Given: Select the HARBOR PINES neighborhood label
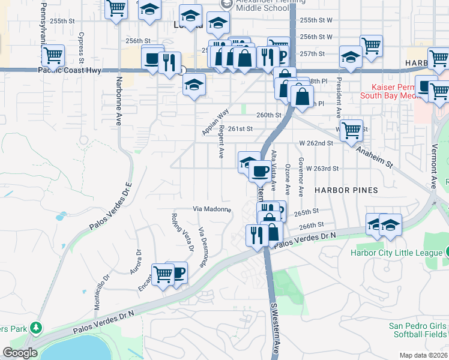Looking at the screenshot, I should [x=346, y=190].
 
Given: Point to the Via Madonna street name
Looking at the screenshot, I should [x=212, y=209].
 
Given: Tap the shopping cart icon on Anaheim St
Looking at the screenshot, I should [x=351, y=130].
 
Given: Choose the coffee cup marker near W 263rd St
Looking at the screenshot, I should [x=260, y=171].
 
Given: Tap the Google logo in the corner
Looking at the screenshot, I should [x=20, y=352].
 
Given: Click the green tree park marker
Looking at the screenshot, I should [x=37, y=328].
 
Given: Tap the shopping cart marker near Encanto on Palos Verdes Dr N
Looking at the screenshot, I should [x=163, y=274].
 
